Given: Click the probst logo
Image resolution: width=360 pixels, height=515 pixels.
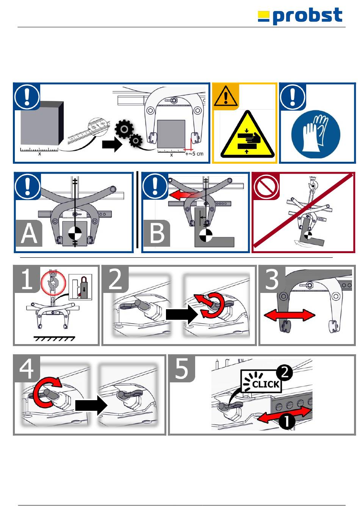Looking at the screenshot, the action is [300, 16].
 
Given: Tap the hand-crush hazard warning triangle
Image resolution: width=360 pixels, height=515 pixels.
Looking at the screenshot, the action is [247, 134].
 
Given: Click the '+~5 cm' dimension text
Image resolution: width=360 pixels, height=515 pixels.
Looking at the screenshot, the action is [194, 154].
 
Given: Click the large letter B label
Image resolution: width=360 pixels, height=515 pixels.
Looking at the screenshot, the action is [157, 233].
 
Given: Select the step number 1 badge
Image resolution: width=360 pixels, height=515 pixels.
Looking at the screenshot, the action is [27, 279].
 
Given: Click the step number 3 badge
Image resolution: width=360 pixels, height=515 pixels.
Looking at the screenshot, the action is [272, 279].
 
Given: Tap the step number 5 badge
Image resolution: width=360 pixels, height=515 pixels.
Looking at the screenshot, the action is [182, 369].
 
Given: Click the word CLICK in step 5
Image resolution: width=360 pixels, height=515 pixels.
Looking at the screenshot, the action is [266, 384].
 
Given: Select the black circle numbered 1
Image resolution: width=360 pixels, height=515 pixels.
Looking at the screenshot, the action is [286, 421].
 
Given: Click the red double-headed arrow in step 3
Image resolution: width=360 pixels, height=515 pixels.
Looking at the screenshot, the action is [289, 315].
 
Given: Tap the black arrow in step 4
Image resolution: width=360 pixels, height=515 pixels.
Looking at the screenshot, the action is [91, 405].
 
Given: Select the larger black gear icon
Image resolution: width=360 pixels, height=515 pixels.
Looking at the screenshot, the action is [124, 129].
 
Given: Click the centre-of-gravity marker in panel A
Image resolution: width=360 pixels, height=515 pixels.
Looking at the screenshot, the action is [75, 233].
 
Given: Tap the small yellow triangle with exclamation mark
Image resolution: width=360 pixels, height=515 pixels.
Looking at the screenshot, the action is [226, 96].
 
